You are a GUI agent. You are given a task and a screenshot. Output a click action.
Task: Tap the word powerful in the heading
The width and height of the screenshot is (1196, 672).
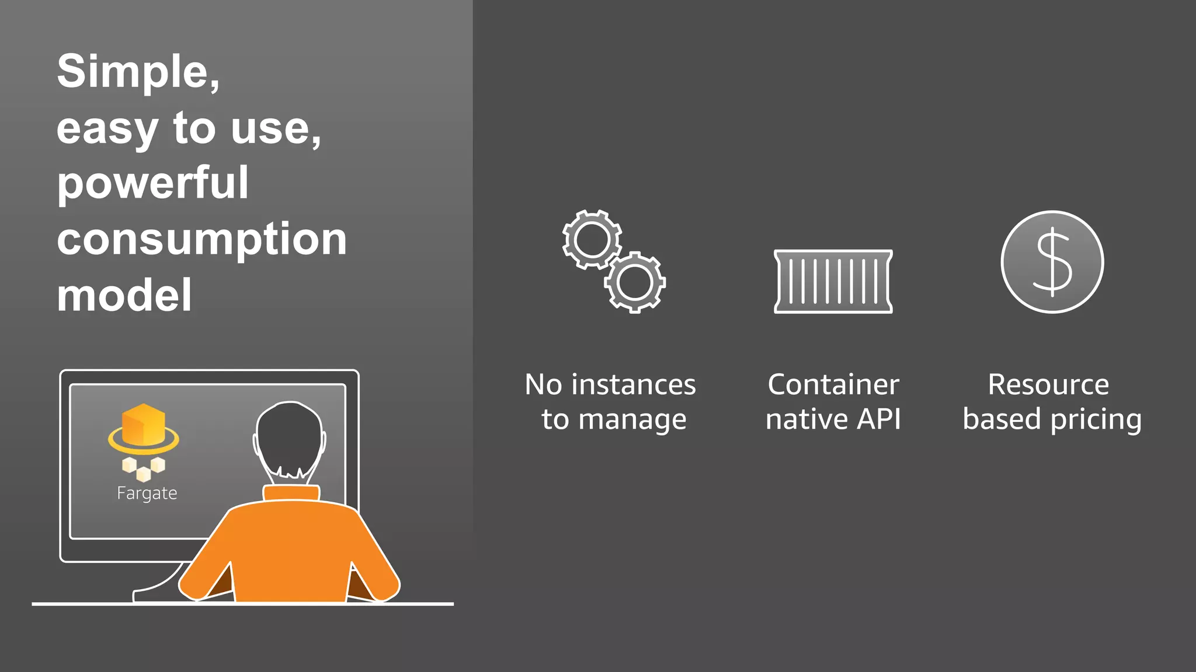point(153,184)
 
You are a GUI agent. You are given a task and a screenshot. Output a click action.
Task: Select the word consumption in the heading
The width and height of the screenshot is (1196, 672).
point(202,239)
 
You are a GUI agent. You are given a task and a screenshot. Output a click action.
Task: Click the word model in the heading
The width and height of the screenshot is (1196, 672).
point(124,295)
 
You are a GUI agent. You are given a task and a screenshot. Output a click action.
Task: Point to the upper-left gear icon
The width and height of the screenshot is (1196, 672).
point(592,240)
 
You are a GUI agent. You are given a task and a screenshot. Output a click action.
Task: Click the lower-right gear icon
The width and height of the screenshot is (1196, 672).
point(635,282)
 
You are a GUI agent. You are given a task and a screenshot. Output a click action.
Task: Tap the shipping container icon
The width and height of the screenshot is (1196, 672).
point(833,282)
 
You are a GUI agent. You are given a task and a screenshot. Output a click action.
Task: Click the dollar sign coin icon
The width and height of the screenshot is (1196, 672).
point(1052,262)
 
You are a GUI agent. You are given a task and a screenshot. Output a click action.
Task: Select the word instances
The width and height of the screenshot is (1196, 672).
point(634,385)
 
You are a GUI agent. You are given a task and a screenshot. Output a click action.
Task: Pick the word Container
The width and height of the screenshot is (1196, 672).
point(833,385)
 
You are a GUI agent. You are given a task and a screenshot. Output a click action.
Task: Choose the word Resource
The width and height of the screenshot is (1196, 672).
point(1048,385)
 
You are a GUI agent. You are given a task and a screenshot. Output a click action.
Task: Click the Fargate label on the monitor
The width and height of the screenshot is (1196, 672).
point(147,494)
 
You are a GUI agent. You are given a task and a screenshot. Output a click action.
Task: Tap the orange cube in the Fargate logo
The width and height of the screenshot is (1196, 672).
point(144,424)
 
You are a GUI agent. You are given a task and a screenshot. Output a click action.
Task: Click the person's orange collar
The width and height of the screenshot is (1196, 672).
point(291,493)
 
